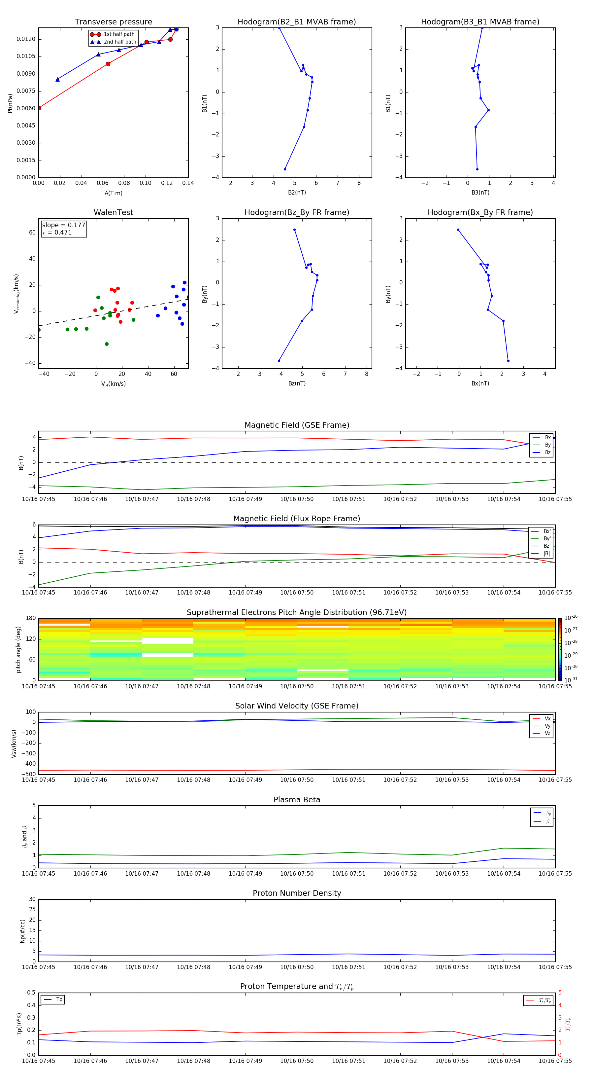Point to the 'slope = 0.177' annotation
[63, 225]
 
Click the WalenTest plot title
[113, 212]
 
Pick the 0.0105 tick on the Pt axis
[26, 56]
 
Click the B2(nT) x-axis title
[297, 193]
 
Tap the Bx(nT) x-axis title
[480, 383]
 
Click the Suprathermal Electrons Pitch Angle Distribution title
[297, 612]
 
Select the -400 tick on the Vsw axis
[29, 764]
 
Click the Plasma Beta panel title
[297, 800]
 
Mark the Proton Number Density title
[297, 893]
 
